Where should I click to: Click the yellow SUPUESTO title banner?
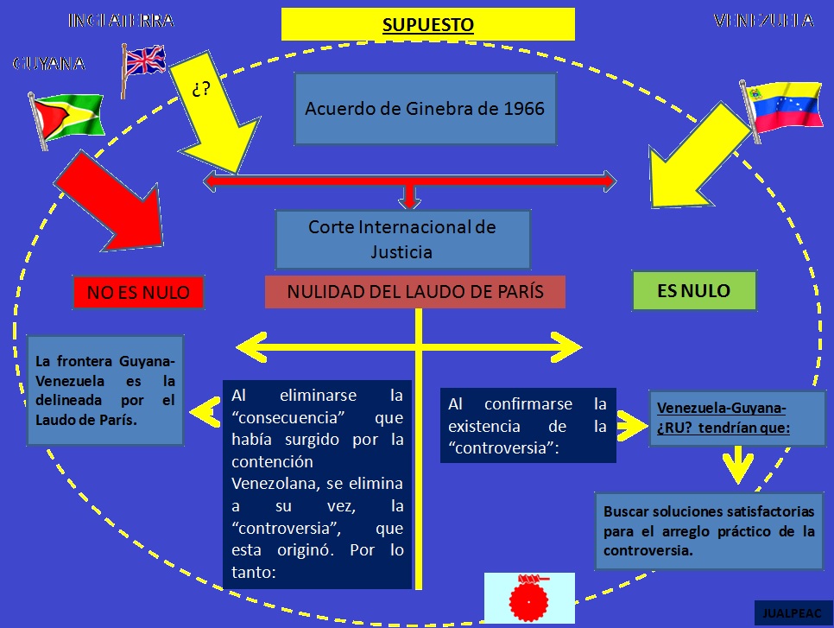pos(427,24)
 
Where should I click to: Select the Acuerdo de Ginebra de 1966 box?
pos(425,109)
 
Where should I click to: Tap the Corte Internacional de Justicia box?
pos(402,239)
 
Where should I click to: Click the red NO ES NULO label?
pos(138,293)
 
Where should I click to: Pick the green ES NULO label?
pos(694,291)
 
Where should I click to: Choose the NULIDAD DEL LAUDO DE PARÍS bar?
pos(414,292)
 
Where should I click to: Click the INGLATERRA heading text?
pos(120,21)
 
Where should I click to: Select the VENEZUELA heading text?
pos(763,21)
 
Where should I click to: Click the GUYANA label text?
pos(49,63)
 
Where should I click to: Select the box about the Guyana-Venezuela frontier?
pos(105,390)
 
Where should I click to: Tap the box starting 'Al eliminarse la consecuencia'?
pos(317,483)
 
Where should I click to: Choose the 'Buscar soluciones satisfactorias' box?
pos(709,530)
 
